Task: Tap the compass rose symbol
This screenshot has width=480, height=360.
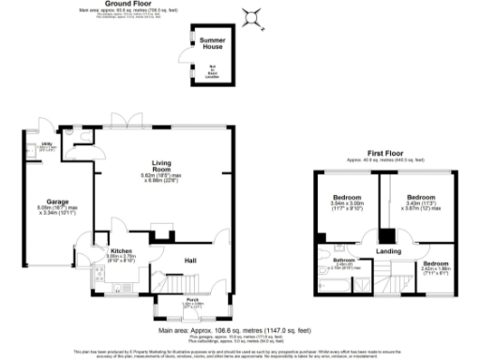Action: pos(251,16)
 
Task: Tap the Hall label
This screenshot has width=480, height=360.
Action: pos(188,260)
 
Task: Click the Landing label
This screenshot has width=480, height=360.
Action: pos(387,250)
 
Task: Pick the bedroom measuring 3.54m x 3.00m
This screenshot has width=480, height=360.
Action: pos(347,200)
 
